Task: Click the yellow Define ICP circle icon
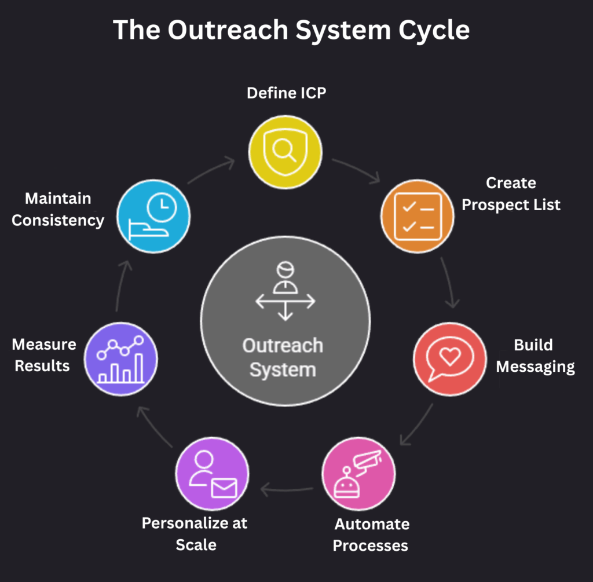285,152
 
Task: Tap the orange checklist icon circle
417,215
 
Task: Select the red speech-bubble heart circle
450,359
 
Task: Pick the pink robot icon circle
358,474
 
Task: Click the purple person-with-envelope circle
212,474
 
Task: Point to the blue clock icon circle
153,216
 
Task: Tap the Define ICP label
286,93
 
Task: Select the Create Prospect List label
511,194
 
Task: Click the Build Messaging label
535,356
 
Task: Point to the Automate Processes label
371,535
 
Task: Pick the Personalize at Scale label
195,533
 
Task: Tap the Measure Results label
43,355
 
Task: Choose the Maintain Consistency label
58,209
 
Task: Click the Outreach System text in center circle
283,357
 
